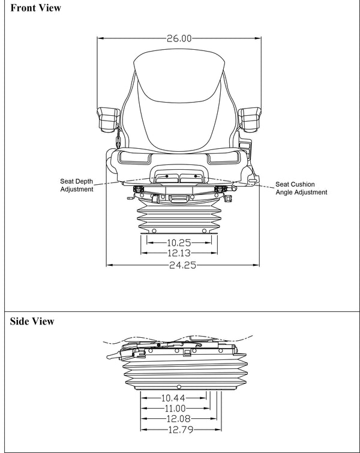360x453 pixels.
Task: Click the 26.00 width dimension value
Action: tap(179, 38)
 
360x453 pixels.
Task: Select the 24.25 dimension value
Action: tap(182, 265)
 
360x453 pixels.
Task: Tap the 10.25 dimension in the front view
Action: tap(179, 243)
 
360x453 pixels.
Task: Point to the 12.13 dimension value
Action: tap(179, 254)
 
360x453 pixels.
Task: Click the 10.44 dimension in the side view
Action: tap(173, 398)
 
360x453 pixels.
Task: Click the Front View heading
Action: tap(35, 8)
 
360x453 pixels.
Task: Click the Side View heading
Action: tap(32, 322)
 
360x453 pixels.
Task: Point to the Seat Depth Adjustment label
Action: tap(77, 185)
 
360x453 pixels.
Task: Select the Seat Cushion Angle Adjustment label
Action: tap(301, 188)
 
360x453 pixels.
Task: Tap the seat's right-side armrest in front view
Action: tap(250, 117)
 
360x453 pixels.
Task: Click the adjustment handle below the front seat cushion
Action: tap(179, 176)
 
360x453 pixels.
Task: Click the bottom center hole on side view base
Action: tap(179, 385)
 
